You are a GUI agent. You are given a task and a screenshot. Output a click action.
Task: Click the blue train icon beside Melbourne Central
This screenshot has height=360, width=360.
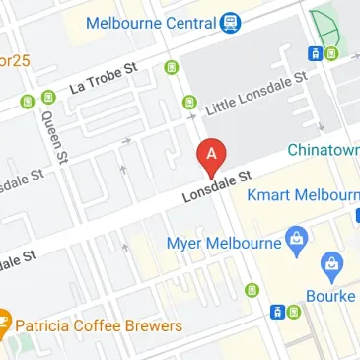point(230,21)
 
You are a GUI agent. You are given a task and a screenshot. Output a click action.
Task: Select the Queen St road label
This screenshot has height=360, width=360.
point(52,134)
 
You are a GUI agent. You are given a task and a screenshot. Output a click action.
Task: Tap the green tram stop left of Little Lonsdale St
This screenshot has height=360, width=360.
point(189,101)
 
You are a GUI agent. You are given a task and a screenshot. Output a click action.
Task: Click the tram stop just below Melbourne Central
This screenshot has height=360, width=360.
point(174,67)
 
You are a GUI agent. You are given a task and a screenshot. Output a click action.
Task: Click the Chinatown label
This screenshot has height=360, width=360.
point(324,150)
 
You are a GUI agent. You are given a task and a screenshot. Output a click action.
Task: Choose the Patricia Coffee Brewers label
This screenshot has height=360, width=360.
point(99,325)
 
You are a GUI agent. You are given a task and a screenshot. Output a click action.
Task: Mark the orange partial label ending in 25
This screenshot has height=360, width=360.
point(15,61)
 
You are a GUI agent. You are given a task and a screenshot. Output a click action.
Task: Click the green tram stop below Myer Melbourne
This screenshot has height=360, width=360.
point(252,289)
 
